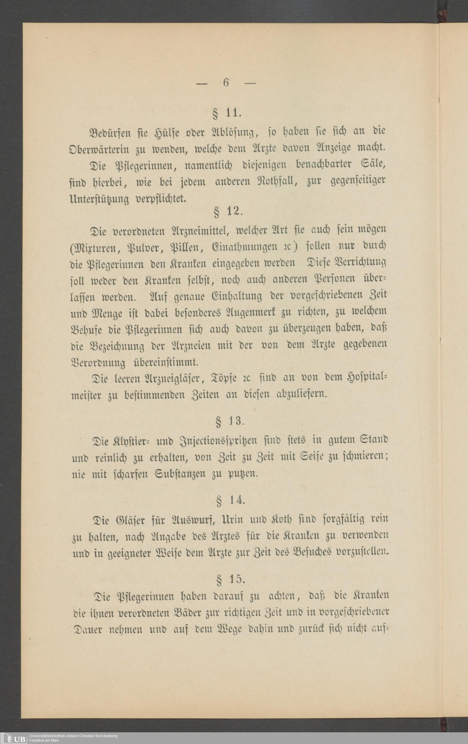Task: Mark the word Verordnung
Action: click(x=98, y=362)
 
